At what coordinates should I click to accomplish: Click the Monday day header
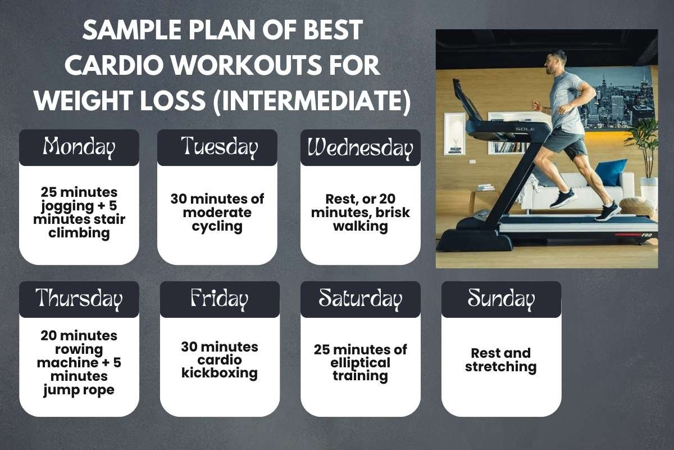(x=79, y=147)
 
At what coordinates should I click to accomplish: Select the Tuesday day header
(x=217, y=147)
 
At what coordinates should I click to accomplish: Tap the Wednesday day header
(x=360, y=148)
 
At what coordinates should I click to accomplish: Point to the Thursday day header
(x=79, y=299)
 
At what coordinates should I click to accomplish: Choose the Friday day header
(x=220, y=299)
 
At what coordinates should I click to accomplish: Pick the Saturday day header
(x=360, y=299)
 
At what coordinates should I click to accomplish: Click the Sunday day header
(x=501, y=299)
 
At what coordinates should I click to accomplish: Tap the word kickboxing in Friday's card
(x=220, y=372)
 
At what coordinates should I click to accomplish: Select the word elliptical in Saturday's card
(x=361, y=363)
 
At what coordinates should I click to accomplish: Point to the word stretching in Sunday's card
(x=501, y=367)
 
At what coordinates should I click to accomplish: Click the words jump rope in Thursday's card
(x=79, y=389)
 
